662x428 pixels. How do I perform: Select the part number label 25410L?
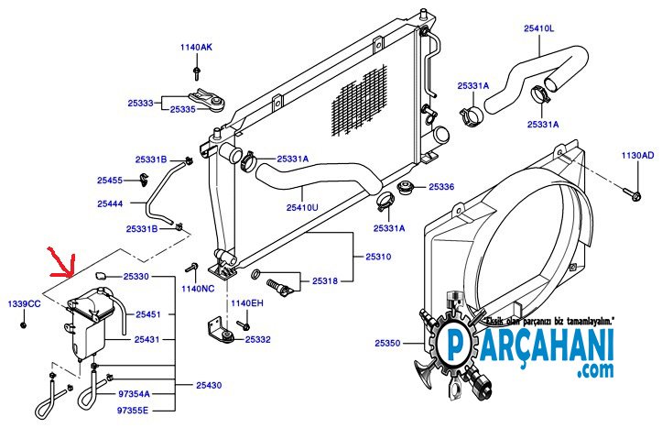coord(538,28)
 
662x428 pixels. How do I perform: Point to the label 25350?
coord(387,343)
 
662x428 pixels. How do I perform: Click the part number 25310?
coord(377,257)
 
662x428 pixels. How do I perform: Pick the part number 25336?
coord(440,186)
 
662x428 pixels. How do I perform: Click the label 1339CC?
coord(25,303)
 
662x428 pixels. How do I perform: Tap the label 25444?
coord(110,203)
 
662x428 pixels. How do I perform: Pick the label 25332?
coord(258,339)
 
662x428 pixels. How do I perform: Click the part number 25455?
coord(110,180)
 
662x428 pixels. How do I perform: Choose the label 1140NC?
coord(197,289)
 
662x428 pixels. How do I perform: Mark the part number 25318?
coord(325,280)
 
